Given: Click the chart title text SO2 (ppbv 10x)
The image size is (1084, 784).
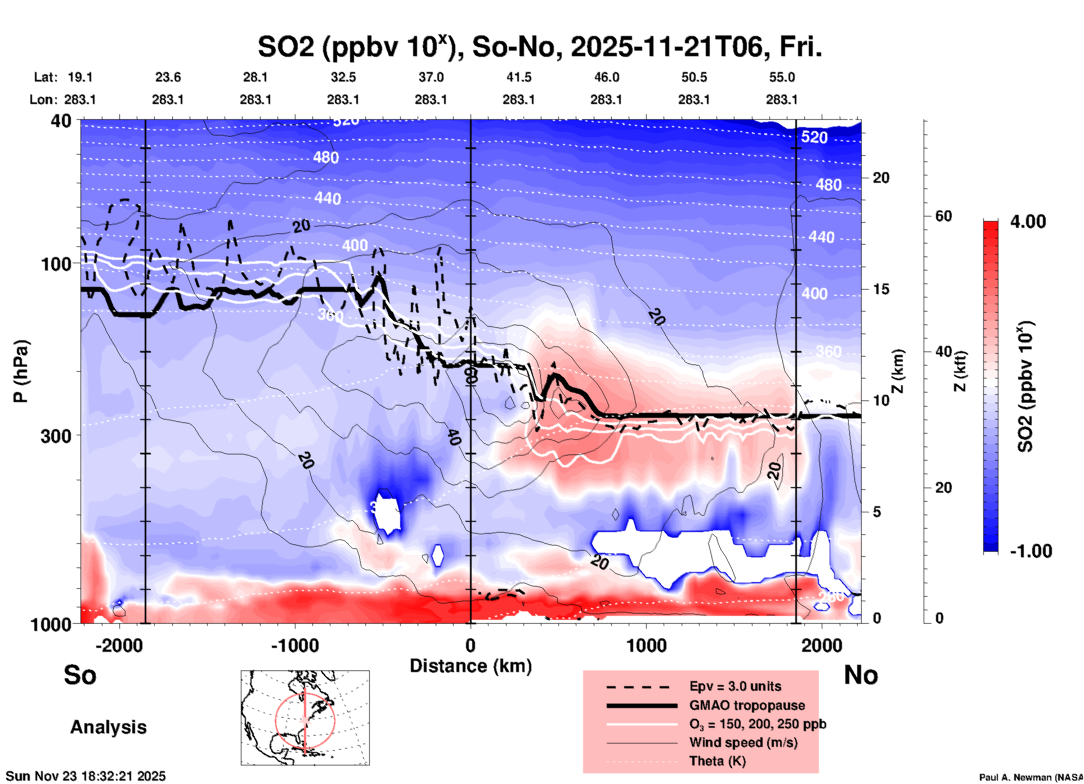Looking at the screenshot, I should pyautogui.click(x=356, y=47).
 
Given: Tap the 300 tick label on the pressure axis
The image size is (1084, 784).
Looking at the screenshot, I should pyautogui.click(x=56, y=436).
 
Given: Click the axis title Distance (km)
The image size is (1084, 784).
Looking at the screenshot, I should pyautogui.click(x=471, y=666).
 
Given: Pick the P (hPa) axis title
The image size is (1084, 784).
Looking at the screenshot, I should pyautogui.click(x=21, y=371).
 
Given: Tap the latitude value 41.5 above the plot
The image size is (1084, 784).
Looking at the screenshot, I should pyautogui.click(x=518, y=77).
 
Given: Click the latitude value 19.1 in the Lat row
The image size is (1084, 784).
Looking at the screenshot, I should pyautogui.click(x=80, y=77).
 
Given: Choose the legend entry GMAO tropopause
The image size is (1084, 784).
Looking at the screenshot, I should pyautogui.click(x=747, y=705).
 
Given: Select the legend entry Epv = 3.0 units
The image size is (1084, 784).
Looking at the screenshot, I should pyautogui.click(x=735, y=687).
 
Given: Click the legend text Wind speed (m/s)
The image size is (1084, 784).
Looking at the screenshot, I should pyautogui.click(x=743, y=742).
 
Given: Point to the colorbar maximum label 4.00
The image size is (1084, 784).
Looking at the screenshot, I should pyautogui.click(x=1028, y=222).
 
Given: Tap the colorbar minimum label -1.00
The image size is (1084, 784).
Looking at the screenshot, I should pyautogui.click(x=1031, y=551).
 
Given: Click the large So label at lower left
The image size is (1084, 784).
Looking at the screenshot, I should pyautogui.click(x=80, y=675).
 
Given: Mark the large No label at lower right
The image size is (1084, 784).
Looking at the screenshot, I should pyautogui.click(x=861, y=675).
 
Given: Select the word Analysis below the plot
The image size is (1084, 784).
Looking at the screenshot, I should pyautogui.click(x=108, y=727).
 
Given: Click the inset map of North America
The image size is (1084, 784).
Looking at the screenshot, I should pyautogui.click(x=305, y=717).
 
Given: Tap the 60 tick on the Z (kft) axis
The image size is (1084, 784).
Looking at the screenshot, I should pyautogui.click(x=943, y=216).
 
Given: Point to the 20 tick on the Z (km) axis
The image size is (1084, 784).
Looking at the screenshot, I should pyautogui.click(x=881, y=178).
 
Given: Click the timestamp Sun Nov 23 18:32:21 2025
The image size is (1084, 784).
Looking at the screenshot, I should pyautogui.click(x=86, y=776).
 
